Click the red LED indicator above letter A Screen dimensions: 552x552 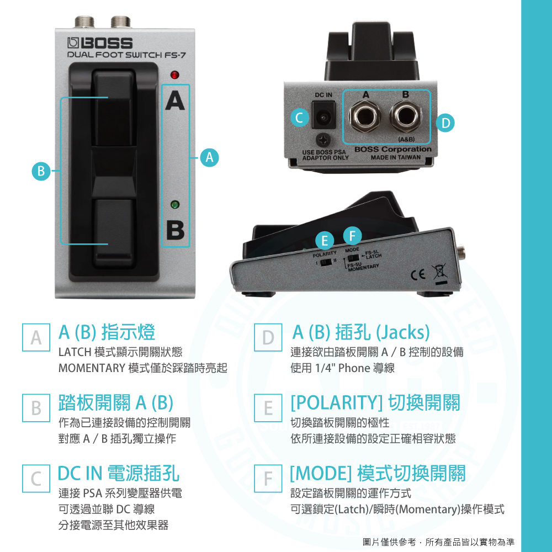coord(174,75)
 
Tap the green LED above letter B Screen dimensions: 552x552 coord(174,205)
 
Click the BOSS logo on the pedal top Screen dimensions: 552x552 coord(100,43)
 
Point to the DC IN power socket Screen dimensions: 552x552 coord(323,115)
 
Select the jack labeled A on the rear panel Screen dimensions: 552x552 coord(365,116)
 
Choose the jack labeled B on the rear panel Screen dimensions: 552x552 coord(406,116)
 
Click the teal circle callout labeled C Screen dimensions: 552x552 coord(300,118)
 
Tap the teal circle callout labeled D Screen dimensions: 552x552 coord(445,123)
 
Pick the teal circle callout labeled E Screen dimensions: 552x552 coord(325,241)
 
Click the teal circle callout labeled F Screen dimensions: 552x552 coord(352,236)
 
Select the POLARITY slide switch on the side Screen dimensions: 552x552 coord(326,262)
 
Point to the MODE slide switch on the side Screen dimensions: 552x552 coord(353,258)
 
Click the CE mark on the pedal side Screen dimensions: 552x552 coord(418,274)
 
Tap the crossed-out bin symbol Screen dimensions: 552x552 coord(440,272)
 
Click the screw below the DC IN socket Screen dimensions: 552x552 coord(323,140)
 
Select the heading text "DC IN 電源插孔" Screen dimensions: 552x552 coord(118,473)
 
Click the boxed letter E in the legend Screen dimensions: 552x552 coord(268,408)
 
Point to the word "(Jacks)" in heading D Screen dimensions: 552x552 coord(403,332)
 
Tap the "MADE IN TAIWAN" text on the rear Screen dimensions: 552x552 coord(396,157)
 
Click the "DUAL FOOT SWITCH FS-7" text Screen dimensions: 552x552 coord(126,55)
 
